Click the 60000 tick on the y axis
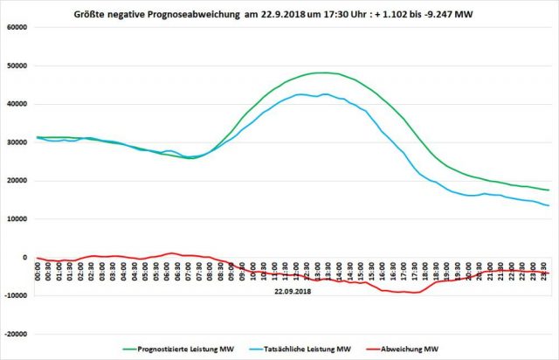click(x=17, y=27)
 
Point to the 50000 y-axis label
click(x=17, y=66)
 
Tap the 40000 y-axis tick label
click(x=17, y=104)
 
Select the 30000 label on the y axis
click(x=17, y=142)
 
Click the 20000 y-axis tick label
click(x=17, y=181)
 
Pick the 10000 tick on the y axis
click(x=17, y=219)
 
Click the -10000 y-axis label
click(x=17, y=295)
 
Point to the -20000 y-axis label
click(x=17, y=334)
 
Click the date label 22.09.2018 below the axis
click(x=292, y=291)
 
